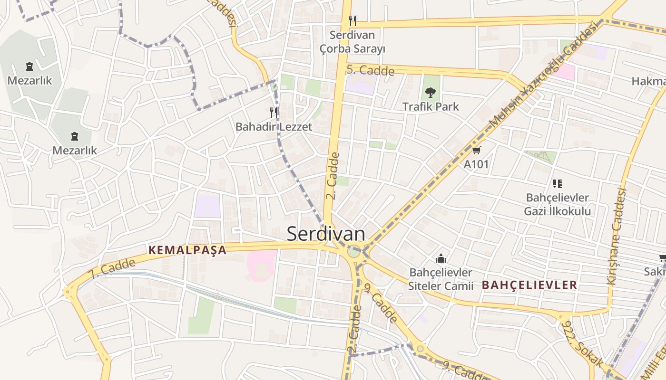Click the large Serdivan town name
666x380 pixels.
pyautogui.click(x=326, y=234)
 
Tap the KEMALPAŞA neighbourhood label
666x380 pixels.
pyautogui.click(x=187, y=250)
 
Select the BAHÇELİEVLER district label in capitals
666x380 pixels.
pyautogui.click(x=529, y=285)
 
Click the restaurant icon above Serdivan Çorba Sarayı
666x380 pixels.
pyautogui.click(x=353, y=20)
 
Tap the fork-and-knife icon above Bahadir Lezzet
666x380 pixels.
pyautogui.click(x=274, y=112)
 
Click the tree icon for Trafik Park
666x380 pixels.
pyautogui.click(x=431, y=92)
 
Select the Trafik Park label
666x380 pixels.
pyautogui.click(x=431, y=106)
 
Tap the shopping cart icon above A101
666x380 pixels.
pyautogui.click(x=476, y=151)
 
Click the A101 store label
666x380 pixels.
pyautogui.click(x=476, y=164)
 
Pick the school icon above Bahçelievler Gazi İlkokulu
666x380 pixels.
pyautogui.click(x=558, y=183)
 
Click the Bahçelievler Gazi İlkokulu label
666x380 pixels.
pyautogui.click(x=558, y=204)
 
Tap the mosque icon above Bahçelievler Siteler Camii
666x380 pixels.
pyautogui.click(x=441, y=259)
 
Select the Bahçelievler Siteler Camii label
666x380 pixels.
pyautogui.click(x=441, y=279)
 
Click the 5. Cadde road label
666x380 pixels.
pyautogui.click(x=370, y=70)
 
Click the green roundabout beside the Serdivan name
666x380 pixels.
pyautogui.click(x=353, y=251)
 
